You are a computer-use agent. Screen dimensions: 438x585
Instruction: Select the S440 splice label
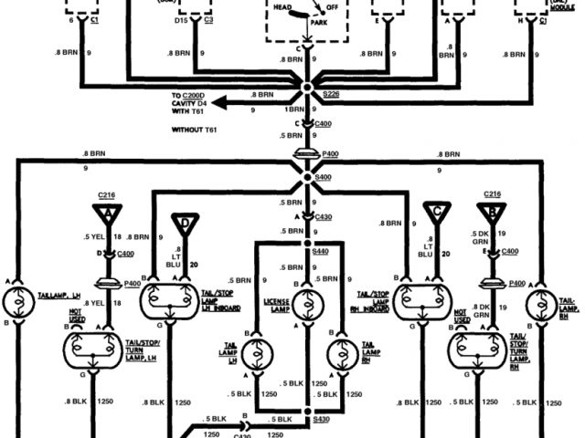pos(321,251)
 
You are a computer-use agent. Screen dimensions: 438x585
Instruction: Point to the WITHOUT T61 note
pos(197,130)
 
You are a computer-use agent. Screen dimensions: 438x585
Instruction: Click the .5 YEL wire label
pos(86,235)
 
